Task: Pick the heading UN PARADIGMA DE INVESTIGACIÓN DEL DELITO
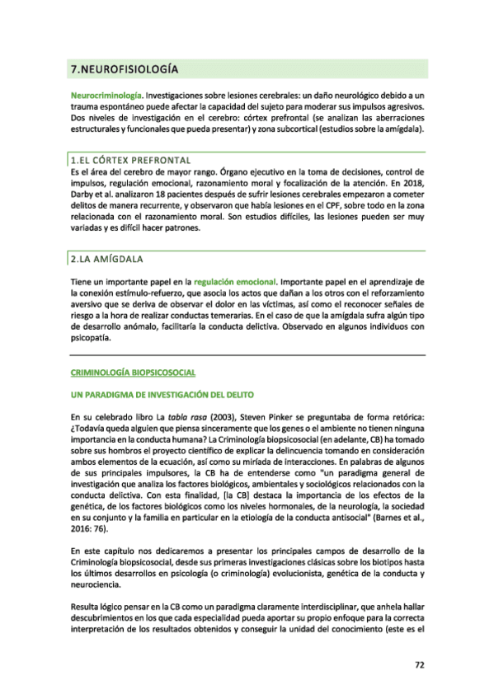(x=162, y=396)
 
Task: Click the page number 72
(x=419, y=665)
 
